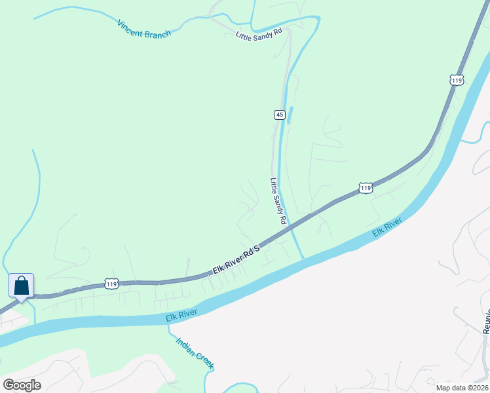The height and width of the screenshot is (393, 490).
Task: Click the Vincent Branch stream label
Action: (x=143, y=29)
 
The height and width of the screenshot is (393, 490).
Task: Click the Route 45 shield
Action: (x=279, y=115)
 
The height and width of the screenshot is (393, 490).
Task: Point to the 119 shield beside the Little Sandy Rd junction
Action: (x=366, y=188)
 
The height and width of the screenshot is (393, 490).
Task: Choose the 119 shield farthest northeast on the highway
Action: (x=457, y=80)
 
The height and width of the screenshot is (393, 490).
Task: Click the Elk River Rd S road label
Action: (x=236, y=260)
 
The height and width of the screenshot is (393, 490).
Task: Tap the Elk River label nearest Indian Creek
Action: (x=181, y=318)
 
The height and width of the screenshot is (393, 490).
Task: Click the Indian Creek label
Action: (x=195, y=353)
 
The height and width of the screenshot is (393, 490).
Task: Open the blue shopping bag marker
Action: (x=21, y=286)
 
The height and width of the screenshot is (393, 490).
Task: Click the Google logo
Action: (x=22, y=384)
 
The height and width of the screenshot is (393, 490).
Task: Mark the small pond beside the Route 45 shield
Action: (x=290, y=115)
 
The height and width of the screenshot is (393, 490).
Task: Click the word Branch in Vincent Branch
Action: (x=157, y=33)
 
